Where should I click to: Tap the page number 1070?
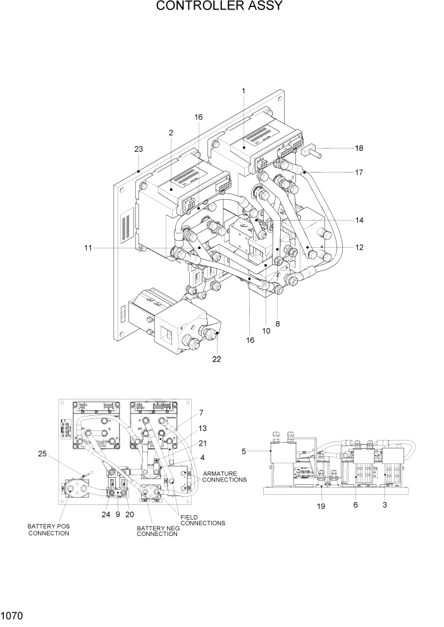coord(13,614)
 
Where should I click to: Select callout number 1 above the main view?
coord(243,91)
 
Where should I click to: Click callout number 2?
coord(171,132)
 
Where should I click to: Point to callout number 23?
coord(139,149)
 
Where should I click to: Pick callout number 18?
coord(359,149)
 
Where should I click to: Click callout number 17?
coord(359,171)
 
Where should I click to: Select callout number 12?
coord(359,247)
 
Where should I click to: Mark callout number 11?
coord(88,248)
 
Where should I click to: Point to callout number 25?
coord(42,454)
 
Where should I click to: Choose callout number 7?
coord(200,413)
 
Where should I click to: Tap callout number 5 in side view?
coord(244,451)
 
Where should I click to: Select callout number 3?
coord(385,505)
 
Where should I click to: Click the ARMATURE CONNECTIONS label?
coord(225,476)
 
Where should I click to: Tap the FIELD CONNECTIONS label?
coord(202,520)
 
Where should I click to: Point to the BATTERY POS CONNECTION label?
coord(48,529)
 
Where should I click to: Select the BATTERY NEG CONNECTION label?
coord(157,531)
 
